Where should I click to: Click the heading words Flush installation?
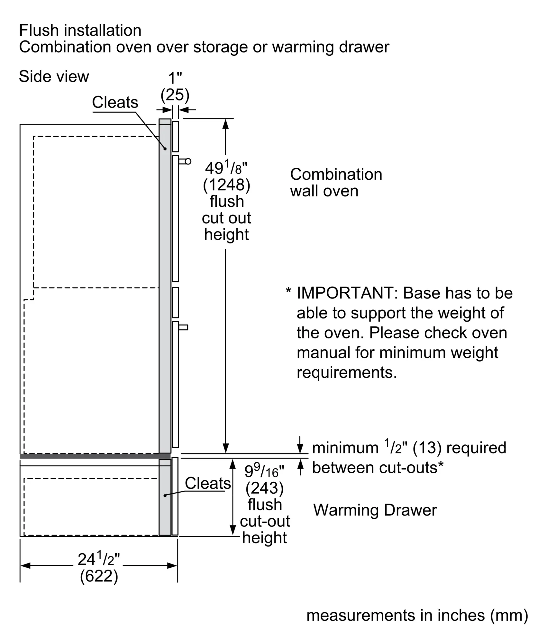pos(80,31)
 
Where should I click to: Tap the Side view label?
pos(54,77)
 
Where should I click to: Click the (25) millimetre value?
pos(175,95)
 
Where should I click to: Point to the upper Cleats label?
pos(115,102)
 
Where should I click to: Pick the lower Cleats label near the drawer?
pos(208,483)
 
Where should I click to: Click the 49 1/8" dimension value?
pos(226,168)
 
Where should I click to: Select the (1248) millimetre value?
pos(226,185)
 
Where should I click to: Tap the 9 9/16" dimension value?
pos(264,471)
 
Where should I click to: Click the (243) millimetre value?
pos(264,488)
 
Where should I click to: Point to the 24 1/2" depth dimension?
pos(98,559)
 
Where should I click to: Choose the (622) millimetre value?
pos(99,576)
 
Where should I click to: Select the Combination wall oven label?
pos(336,183)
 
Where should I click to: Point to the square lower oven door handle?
pos(183,327)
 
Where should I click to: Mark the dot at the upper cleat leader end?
pos(165,149)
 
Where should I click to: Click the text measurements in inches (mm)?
pos(417,615)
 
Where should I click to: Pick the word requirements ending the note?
pos(346,373)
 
